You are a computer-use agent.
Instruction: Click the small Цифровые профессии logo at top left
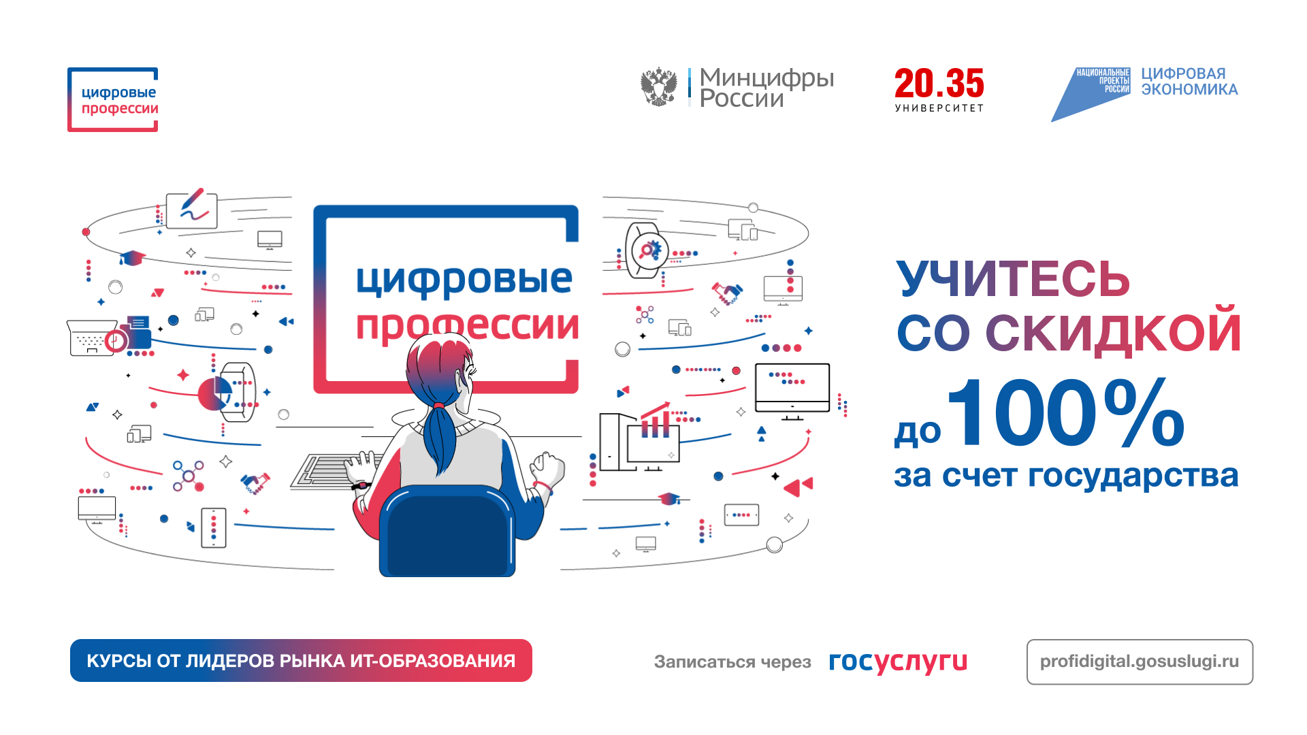point(113,99)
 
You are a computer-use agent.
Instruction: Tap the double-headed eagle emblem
point(659,86)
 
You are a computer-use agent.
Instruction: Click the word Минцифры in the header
point(767,78)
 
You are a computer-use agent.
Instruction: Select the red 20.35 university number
point(939,83)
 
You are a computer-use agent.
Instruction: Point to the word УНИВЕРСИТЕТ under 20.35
point(939,108)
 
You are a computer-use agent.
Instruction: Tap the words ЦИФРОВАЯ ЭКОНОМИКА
point(1189,82)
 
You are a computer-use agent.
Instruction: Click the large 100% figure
point(1066,412)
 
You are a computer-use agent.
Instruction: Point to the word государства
point(1133,476)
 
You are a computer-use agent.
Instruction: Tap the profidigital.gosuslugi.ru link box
point(1140,661)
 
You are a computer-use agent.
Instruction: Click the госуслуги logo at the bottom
point(898,661)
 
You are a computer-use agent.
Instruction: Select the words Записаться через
point(732,661)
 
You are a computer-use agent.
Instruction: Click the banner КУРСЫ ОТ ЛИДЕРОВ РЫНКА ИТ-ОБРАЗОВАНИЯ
point(301,660)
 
